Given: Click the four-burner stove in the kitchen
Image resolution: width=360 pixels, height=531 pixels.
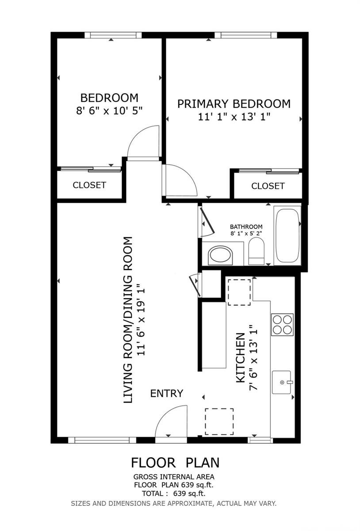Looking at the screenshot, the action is (x=282, y=324).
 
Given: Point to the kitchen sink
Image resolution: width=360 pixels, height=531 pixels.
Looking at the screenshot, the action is (x=281, y=382).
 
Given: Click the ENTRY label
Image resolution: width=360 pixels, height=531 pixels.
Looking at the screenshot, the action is (x=167, y=393).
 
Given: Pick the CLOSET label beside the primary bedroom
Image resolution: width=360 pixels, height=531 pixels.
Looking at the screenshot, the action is (x=268, y=186).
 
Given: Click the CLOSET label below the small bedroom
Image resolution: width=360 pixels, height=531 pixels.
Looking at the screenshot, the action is (x=89, y=185).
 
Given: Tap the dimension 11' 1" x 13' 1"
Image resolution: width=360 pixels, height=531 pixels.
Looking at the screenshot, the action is (x=234, y=117).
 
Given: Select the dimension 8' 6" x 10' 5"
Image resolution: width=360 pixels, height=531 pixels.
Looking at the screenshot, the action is (x=109, y=111).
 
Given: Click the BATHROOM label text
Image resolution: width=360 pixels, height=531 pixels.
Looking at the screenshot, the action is (x=246, y=227).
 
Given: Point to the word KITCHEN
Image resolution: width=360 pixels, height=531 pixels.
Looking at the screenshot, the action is (x=241, y=358).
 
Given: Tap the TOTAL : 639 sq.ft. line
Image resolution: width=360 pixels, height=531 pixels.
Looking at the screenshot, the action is (x=174, y=493).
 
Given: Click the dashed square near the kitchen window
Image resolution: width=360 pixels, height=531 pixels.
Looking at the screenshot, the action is (x=219, y=421).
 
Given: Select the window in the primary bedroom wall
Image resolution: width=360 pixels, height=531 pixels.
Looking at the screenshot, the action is (x=245, y=35).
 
